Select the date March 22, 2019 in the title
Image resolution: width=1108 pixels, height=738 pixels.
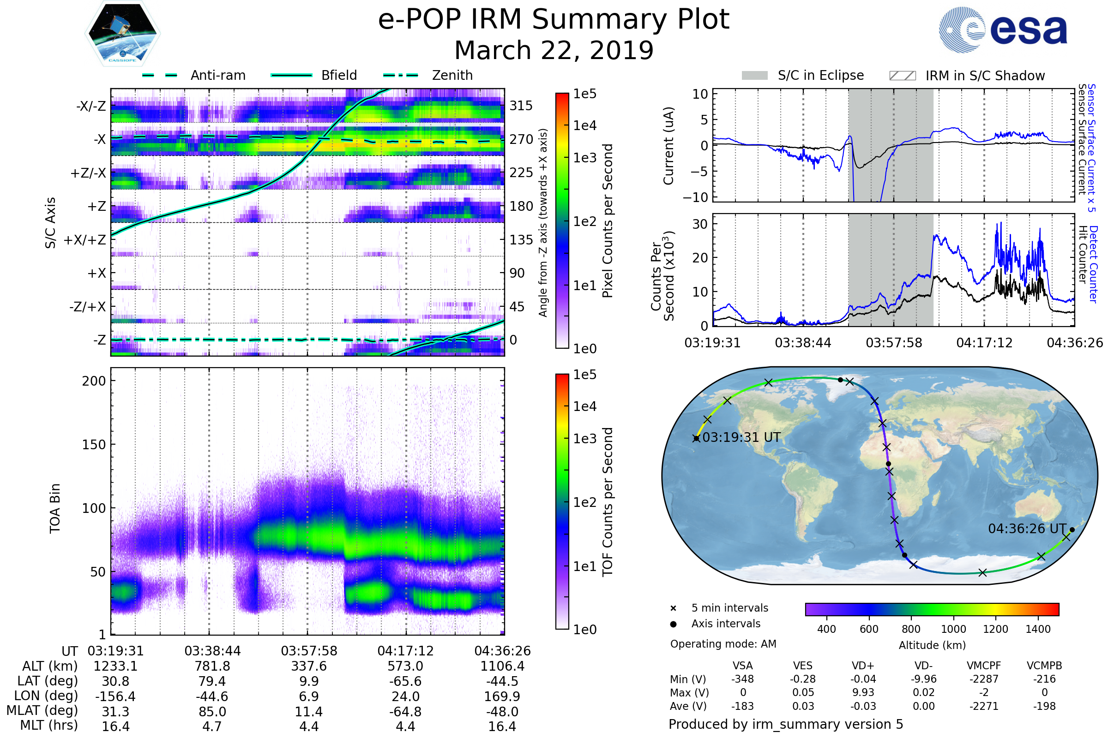554,50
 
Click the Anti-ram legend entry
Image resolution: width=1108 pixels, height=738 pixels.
217,75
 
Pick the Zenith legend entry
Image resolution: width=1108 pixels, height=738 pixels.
452,75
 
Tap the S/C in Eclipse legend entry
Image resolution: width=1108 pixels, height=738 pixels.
820,75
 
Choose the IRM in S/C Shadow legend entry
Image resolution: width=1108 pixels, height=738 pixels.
985,76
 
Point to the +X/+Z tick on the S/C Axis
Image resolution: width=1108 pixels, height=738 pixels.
85,240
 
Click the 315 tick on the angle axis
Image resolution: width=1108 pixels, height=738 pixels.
521,106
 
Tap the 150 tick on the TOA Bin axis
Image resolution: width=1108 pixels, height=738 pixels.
94,444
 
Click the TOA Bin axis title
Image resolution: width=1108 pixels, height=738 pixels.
55,508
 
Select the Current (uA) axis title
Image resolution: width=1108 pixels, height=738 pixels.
668,146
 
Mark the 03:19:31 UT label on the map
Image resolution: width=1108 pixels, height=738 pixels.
741,437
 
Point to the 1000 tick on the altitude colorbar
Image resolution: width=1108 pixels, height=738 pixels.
953,629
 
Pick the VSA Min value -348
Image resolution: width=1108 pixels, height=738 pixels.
742,679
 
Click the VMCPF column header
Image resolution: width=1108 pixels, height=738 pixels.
984,666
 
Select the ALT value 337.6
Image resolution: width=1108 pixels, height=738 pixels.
309,666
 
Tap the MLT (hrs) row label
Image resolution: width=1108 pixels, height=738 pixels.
49,725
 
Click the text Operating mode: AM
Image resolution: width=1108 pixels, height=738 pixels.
723,644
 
